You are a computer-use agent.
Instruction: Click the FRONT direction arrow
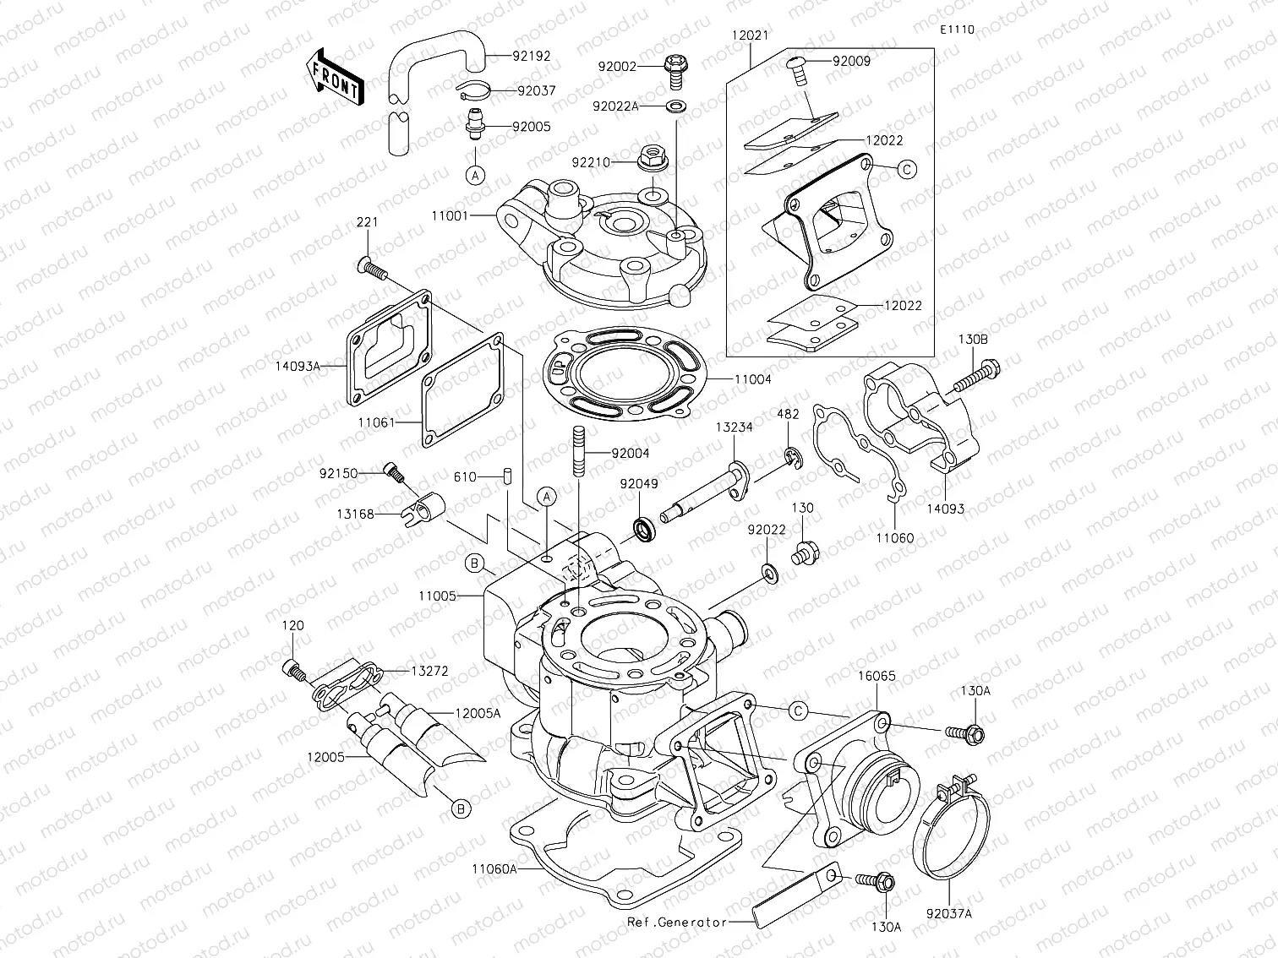click(x=333, y=76)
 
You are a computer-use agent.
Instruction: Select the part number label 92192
click(x=531, y=57)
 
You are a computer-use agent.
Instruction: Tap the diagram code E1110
click(x=956, y=30)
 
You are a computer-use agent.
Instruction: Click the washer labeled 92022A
click(x=676, y=106)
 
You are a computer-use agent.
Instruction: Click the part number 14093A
click(x=298, y=367)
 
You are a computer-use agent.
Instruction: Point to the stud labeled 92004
click(x=577, y=454)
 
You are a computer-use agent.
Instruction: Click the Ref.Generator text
click(x=677, y=923)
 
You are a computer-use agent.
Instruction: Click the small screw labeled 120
click(x=292, y=670)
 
